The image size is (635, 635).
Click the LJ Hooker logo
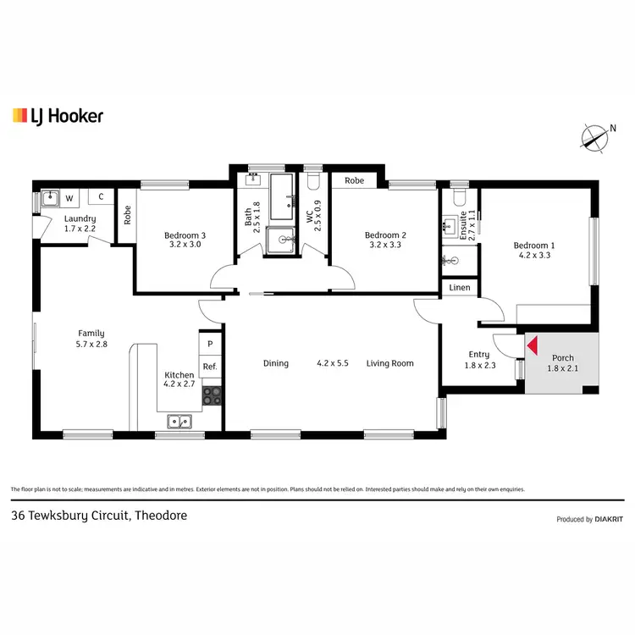click(x=58, y=115)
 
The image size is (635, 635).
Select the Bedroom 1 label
click(x=533, y=251)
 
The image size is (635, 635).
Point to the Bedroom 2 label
click(x=386, y=240)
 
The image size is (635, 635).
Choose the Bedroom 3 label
click(x=185, y=240)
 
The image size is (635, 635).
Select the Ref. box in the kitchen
click(x=209, y=367)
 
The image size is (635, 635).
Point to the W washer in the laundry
click(x=69, y=198)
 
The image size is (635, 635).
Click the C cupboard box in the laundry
click(x=101, y=197)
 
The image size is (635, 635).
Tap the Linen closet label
click(x=460, y=289)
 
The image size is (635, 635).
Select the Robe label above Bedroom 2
click(x=355, y=180)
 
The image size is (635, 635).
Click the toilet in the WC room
click(x=312, y=180)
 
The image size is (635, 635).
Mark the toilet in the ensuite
click(x=459, y=196)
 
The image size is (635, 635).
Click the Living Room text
click(x=389, y=363)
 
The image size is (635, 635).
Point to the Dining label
click(x=275, y=363)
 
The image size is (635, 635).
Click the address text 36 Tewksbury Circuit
click(x=98, y=515)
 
